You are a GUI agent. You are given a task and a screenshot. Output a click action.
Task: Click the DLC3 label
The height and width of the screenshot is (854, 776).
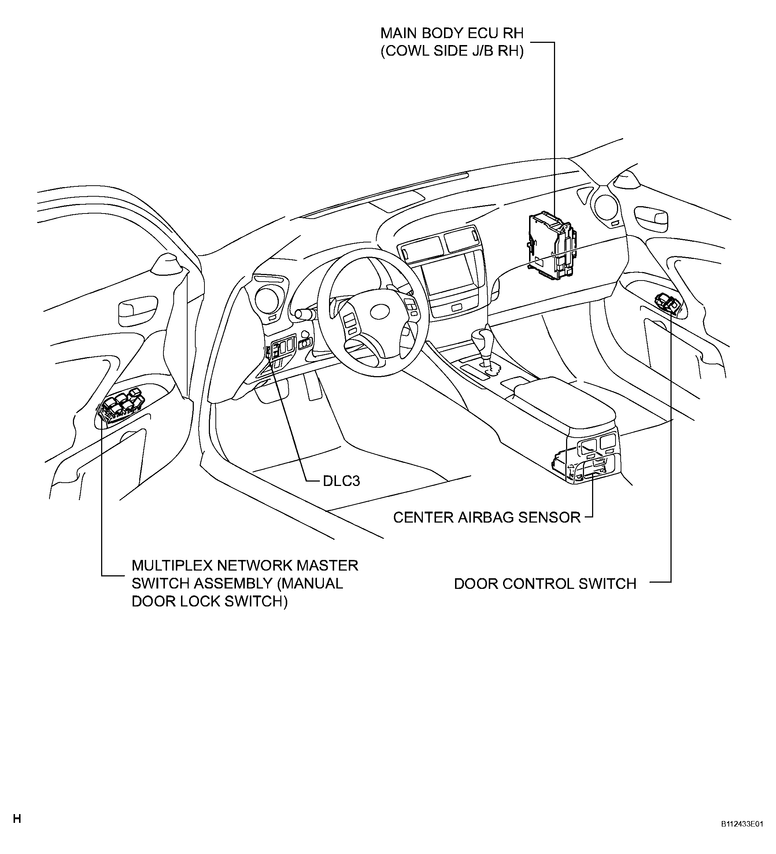tap(341, 481)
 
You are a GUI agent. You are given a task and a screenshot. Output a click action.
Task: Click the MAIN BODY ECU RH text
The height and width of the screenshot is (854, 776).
tap(452, 33)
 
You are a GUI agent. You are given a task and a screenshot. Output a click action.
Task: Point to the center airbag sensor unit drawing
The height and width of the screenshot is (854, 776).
tap(585, 463)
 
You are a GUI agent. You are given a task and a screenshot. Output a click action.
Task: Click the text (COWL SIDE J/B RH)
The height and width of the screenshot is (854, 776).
tap(452, 51)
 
